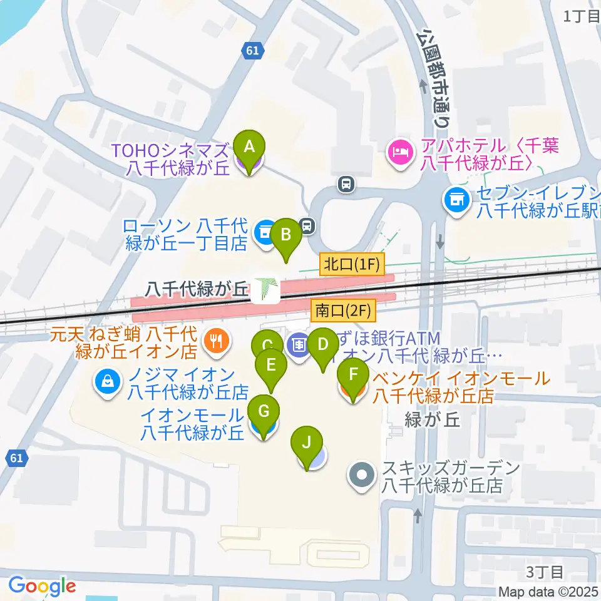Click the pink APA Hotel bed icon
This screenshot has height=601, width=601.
coord(398,151)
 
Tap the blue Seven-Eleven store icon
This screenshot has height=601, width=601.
coord(456,200)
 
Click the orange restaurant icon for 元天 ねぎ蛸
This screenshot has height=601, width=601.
coord(217,341)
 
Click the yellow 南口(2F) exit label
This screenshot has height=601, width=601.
coord(342,309)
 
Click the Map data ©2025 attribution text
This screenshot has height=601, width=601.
coord(548,592)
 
